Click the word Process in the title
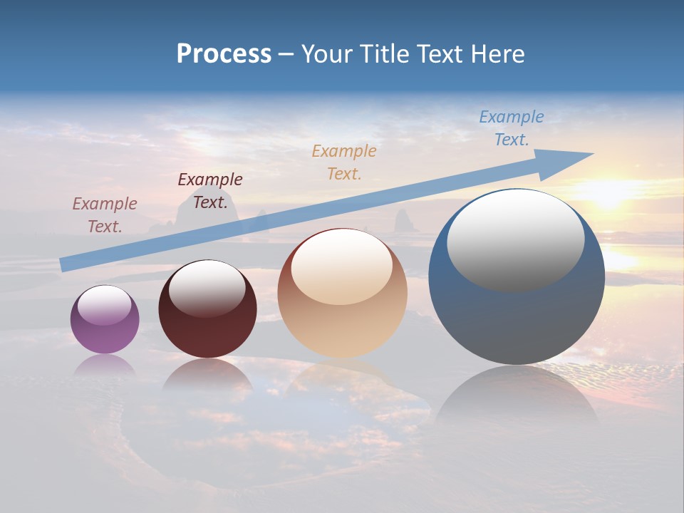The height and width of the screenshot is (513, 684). point(224,54)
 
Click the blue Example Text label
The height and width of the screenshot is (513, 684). point(512,128)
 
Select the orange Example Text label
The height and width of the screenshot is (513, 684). point(344,162)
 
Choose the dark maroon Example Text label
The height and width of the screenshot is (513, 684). point(210,191)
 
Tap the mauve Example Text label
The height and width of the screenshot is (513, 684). point(105,214)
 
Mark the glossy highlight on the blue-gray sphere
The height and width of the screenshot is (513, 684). point(516,240)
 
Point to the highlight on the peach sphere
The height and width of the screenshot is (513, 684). point(342,266)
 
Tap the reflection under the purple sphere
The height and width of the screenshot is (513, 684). point(105,365)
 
